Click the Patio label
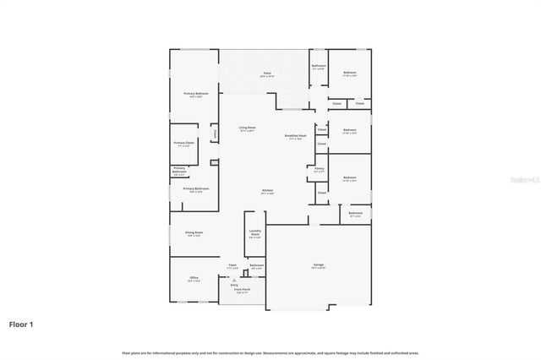(x=265, y=74)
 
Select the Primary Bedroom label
(x=196, y=93)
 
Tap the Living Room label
(x=247, y=128)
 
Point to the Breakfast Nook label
(x=295, y=135)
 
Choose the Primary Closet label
(x=183, y=143)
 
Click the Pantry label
(x=319, y=169)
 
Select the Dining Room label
(x=194, y=232)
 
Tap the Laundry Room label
(x=254, y=232)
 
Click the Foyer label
(x=232, y=265)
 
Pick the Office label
(x=194, y=277)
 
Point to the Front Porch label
(x=241, y=290)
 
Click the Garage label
(x=319, y=265)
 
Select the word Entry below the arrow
(x=234, y=285)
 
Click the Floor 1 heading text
(x=22, y=324)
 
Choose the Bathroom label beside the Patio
(x=319, y=66)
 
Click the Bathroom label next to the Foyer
(x=256, y=265)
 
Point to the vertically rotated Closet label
(x=215, y=134)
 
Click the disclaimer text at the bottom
(x=270, y=352)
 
